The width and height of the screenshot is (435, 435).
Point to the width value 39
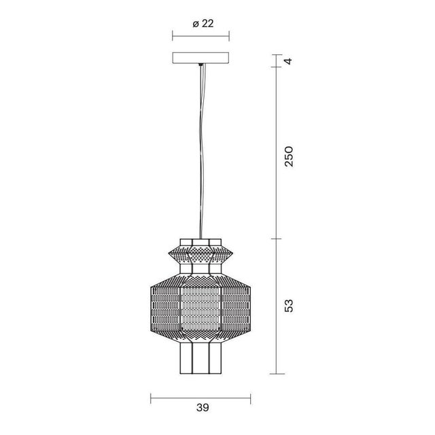point(201,408)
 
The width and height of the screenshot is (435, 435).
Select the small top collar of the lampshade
point(201,242)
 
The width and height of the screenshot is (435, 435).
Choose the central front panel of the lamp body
point(201,309)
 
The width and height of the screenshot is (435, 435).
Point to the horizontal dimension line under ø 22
point(201,38)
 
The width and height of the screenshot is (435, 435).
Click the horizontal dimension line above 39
point(201,396)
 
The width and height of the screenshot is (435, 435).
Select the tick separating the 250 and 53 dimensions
point(275,239)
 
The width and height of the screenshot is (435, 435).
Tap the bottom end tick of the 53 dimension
point(275,373)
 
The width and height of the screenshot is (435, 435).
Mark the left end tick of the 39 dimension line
point(150,396)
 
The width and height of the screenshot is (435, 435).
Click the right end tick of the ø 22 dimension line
point(228,38)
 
